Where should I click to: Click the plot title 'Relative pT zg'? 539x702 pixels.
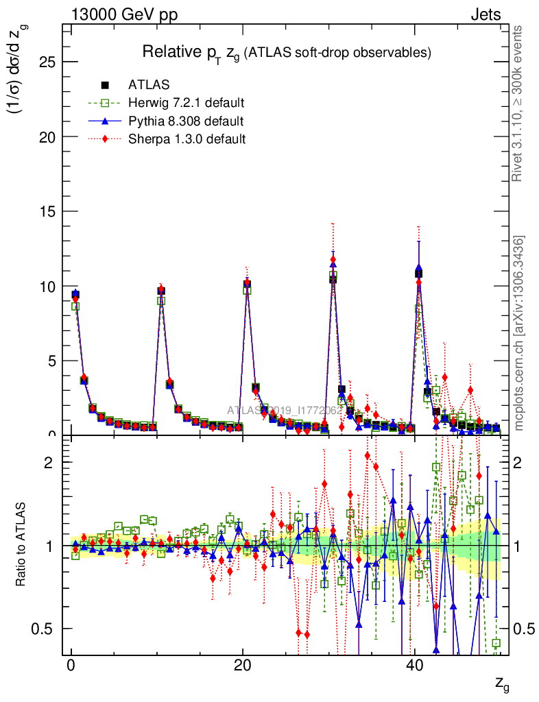click(286, 52)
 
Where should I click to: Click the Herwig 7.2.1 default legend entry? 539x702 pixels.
click(186, 104)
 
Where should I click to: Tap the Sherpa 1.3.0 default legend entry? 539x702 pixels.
click(187, 139)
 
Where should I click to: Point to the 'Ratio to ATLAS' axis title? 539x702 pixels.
click(22, 546)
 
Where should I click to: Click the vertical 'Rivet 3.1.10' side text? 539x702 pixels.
click(518, 103)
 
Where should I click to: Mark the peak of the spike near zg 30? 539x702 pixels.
click(333, 261)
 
